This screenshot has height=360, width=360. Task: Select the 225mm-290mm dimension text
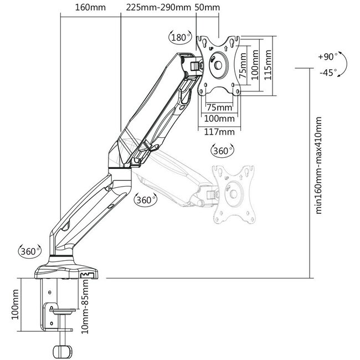tap(158, 7)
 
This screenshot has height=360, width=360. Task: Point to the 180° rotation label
tap(180, 38)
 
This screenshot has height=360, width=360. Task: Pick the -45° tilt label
tap(328, 73)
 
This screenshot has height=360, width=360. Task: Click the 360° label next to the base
tap(29, 251)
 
